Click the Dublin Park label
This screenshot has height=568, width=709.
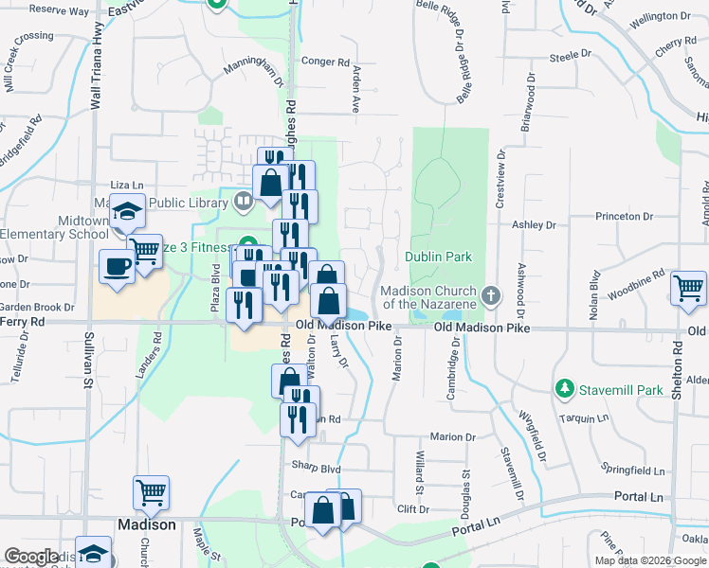coord(438,257)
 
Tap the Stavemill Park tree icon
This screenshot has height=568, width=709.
coord(565,388)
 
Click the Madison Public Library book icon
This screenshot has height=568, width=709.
coord(244,200)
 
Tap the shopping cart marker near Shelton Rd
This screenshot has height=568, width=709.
coord(687,288)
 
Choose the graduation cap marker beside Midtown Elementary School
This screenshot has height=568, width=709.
coord(125,213)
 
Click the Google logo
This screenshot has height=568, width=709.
coord(31,557)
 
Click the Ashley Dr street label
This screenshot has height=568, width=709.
coord(533,225)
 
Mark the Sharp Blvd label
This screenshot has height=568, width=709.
coord(316,468)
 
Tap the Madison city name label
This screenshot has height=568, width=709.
coord(146,524)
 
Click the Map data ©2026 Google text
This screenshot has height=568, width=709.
coord(651,560)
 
